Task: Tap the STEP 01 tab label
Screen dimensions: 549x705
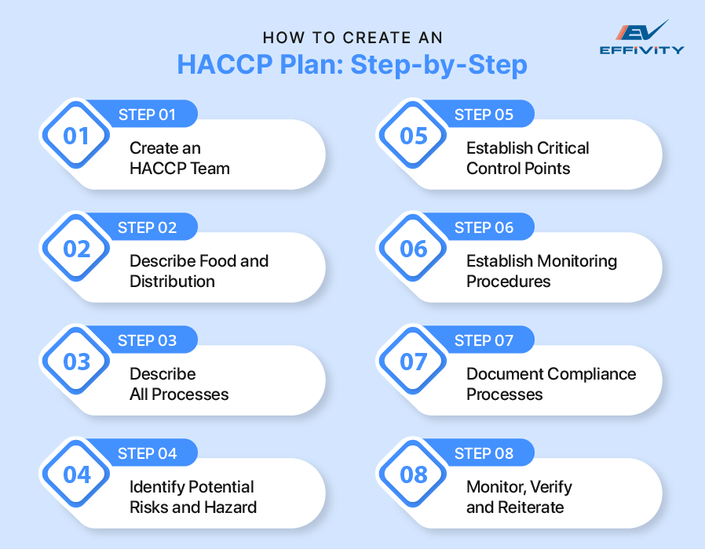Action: tap(147, 115)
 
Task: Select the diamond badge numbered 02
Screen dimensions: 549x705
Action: tap(77, 249)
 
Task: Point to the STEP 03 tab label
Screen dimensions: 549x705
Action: tap(147, 340)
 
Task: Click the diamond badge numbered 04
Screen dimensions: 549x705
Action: tap(77, 475)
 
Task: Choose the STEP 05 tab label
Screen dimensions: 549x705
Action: tap(484, 115)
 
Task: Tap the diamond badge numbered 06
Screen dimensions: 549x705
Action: tap(414, 249)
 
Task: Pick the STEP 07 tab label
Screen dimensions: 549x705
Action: tap(484, 340)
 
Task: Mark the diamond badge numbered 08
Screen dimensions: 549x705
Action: tap(414, 475)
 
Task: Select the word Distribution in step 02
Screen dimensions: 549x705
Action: tap(172, 281)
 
